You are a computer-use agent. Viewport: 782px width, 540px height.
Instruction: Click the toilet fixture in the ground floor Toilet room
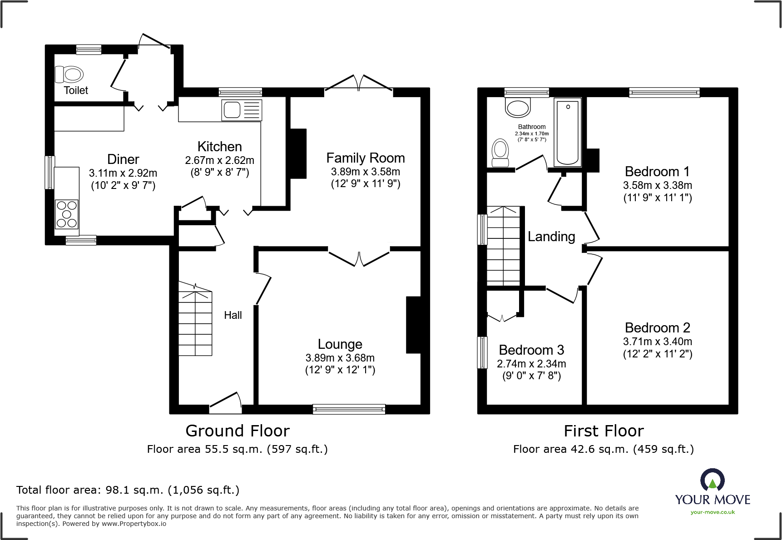(x=69, y=74)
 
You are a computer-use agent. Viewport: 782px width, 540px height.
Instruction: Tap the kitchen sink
(x=242, y=110)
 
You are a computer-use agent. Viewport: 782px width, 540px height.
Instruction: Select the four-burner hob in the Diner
(x=67, y=214)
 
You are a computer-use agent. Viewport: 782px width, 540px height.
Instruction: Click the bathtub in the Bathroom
(x=568, y=132)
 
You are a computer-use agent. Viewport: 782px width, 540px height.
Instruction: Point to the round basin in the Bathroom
(x=518, y=107)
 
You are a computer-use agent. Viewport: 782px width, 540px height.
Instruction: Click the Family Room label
(x=366, y=158)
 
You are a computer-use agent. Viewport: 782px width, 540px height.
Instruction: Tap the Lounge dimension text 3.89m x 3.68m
(x=340, y=358)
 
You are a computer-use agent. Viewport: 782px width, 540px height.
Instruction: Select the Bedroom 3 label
(x=531, y=350)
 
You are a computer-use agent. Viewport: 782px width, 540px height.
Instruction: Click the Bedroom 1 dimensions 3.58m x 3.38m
(x=658, y=185)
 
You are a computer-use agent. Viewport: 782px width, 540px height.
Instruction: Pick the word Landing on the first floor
(x=551, y=237)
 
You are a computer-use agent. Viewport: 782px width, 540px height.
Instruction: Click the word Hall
(x=233, y=315)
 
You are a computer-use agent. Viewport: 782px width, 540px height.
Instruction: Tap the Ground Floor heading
(x=238, y=431)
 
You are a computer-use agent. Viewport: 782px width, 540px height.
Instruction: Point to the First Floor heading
(x=604, y=431)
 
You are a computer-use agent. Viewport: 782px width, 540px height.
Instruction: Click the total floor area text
(x=128, y=490)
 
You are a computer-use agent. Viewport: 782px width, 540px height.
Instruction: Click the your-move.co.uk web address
(x=713, y=512)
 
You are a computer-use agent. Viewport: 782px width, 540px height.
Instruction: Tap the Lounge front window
(x=349, y=409)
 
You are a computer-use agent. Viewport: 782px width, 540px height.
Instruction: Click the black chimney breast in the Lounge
(x=413, y=325)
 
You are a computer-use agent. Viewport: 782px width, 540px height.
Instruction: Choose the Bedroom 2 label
(x=658, y=328)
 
